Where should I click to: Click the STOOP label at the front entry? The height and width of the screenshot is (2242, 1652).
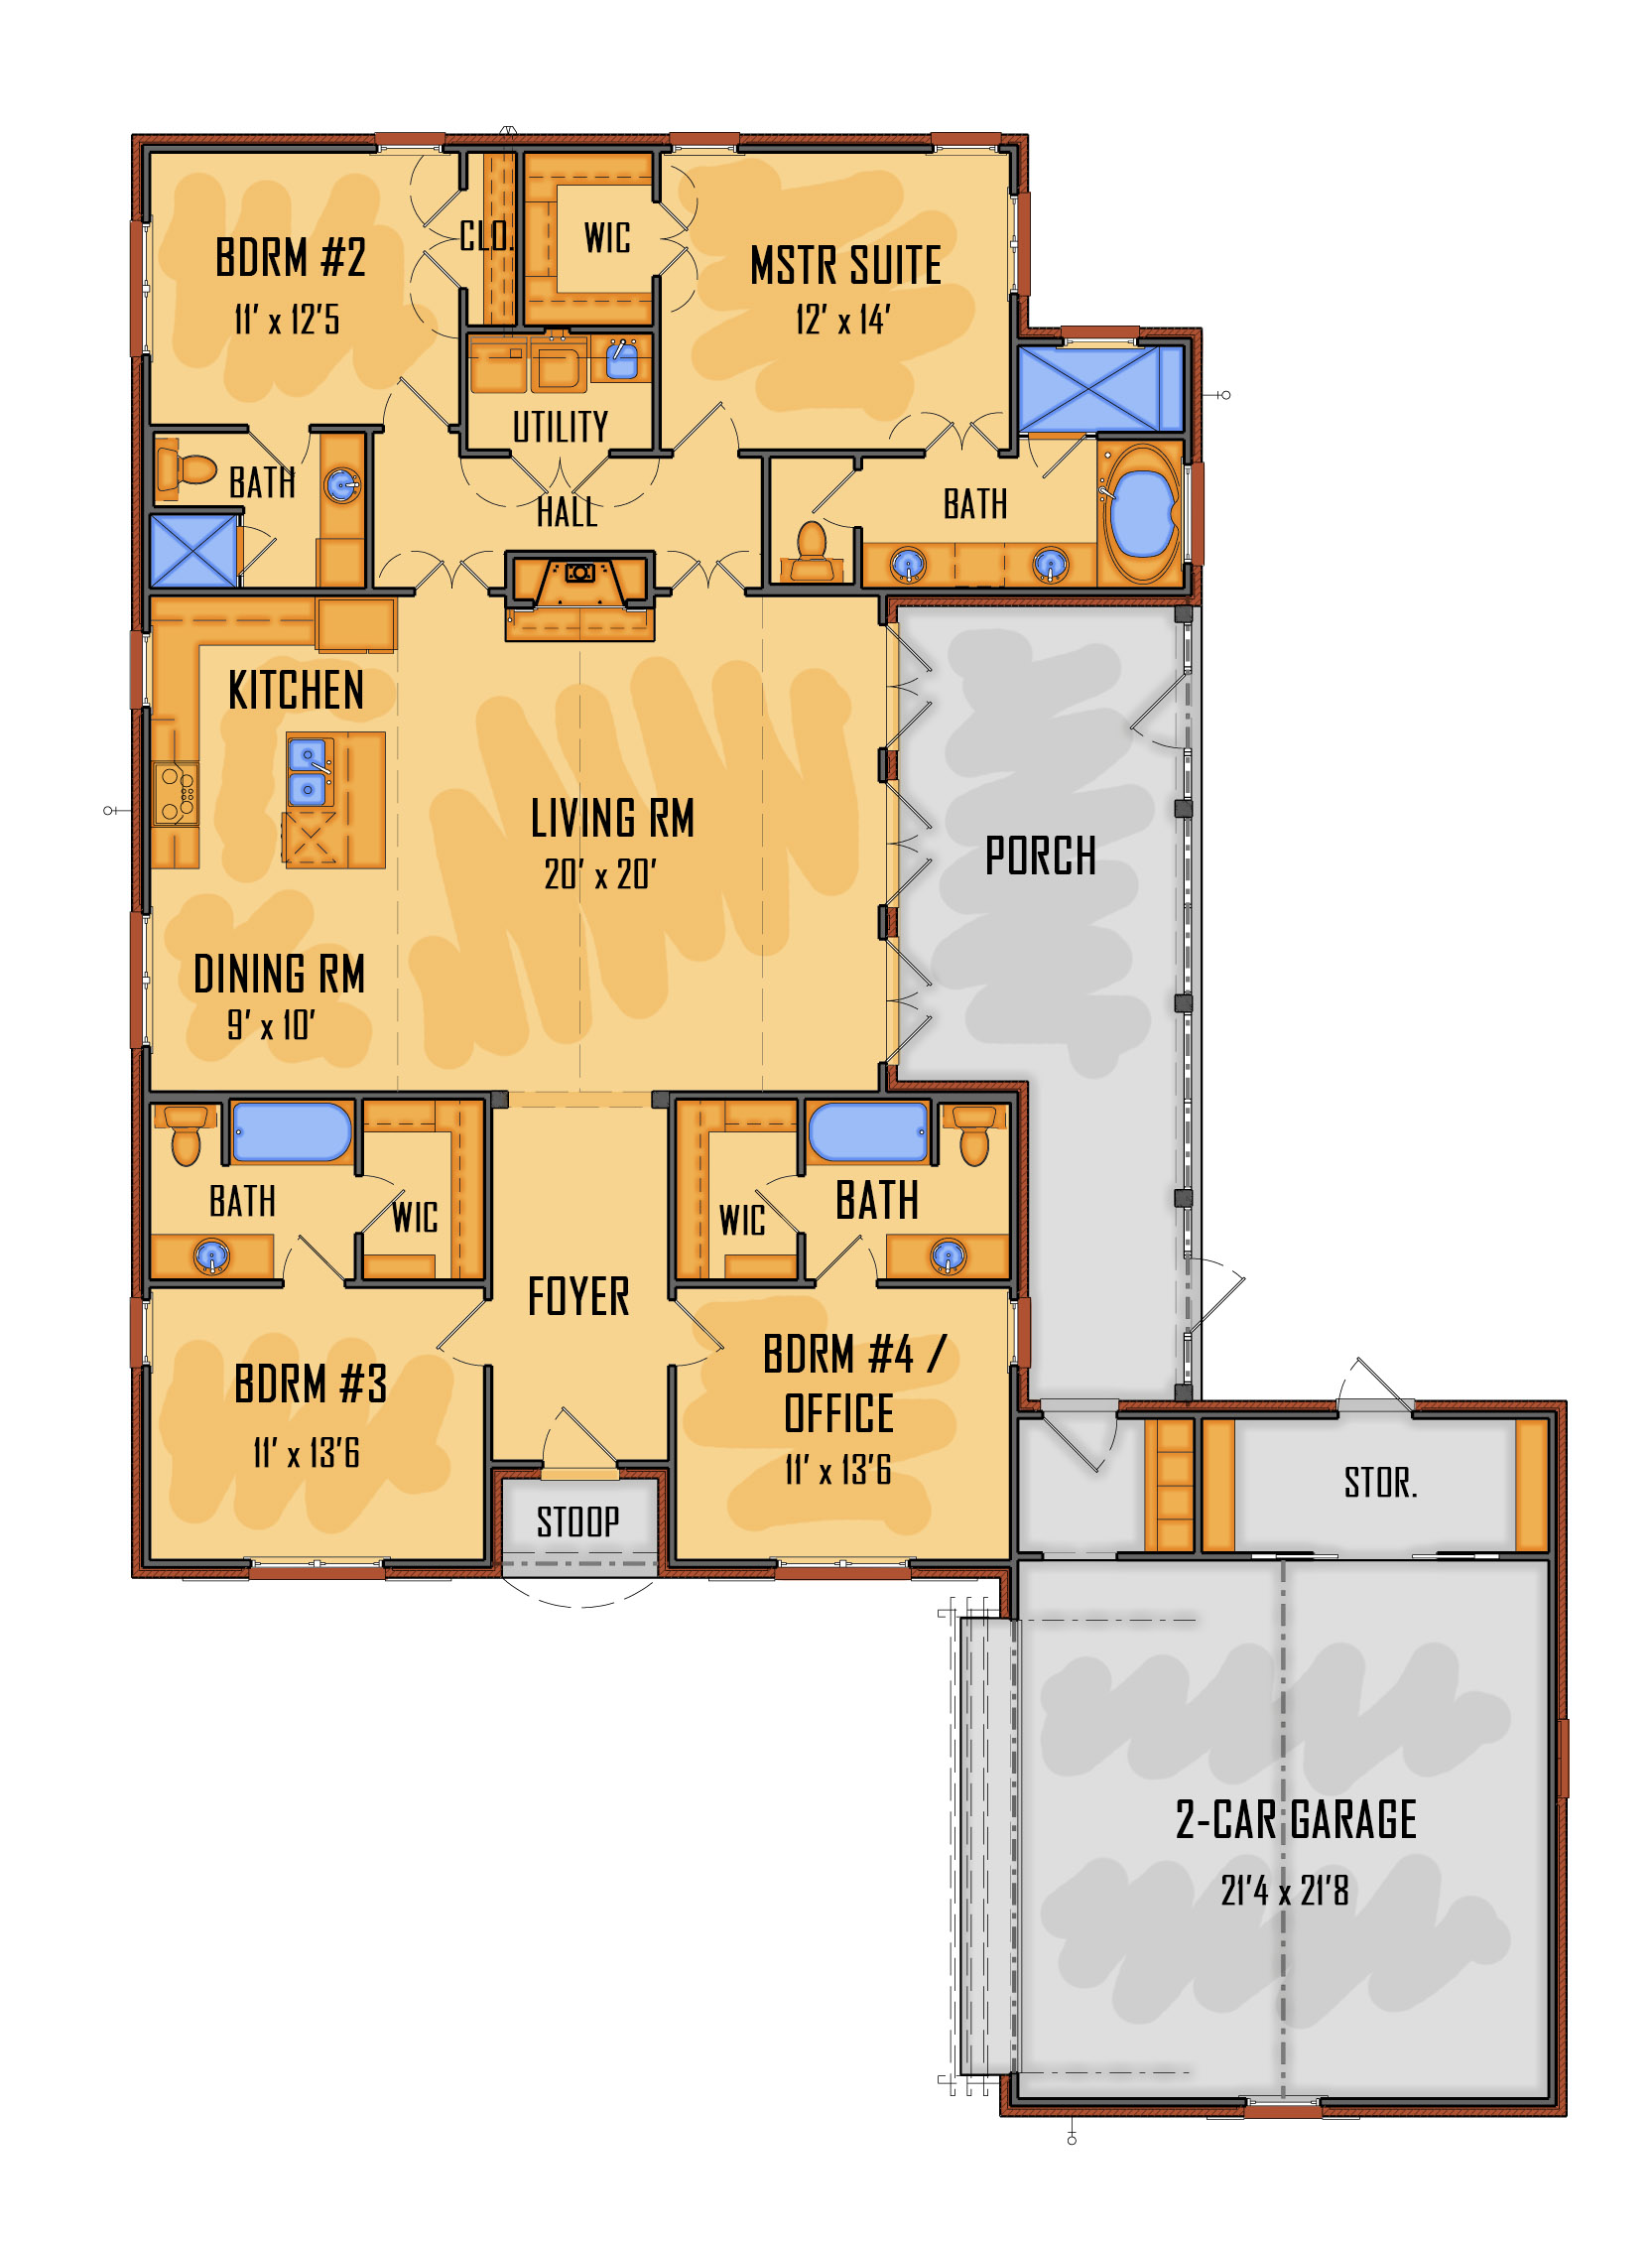[578, 1521]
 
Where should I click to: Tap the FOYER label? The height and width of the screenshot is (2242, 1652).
[578, 1296]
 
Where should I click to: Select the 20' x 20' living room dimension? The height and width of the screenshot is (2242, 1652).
[600, 874]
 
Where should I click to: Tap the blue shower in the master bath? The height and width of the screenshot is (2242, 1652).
[1100, 389]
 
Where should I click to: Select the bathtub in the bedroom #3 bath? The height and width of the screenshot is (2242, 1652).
[292, 1132]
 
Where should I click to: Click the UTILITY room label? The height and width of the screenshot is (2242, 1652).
[560, 427]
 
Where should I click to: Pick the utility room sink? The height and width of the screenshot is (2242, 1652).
[621, 359]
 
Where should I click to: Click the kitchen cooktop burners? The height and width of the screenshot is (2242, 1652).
[177, 793]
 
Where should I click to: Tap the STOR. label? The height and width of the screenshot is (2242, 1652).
[1380, 1482]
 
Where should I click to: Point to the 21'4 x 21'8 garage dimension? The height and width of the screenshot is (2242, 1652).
[1284, 1890]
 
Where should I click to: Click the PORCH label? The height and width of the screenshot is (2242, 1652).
[1040, 856]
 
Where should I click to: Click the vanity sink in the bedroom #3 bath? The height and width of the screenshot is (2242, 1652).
[211, 1255]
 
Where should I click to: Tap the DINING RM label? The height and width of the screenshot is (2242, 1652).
[279, 974]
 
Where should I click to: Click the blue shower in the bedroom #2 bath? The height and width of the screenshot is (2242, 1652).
[193, 550]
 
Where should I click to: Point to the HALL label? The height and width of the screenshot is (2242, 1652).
[567, 512]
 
